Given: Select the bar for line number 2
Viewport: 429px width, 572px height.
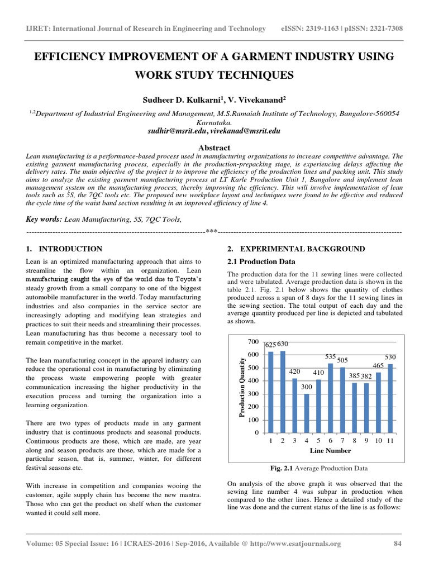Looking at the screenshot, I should tap(283, 392).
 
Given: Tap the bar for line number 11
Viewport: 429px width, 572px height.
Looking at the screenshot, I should tap(390, 398).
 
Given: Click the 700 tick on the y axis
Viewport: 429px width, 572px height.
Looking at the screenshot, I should tap(254, 341).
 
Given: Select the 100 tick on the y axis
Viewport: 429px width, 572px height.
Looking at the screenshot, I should tap(254, 420).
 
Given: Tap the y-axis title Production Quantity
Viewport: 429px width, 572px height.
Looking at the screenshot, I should tap(242, 388).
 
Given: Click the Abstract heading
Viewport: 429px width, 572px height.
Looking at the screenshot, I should tap(214, 147).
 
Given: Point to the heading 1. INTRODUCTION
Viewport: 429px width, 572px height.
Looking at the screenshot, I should tap(64, 249).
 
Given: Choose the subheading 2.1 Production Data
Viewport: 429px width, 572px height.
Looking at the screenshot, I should tap(260, 261).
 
